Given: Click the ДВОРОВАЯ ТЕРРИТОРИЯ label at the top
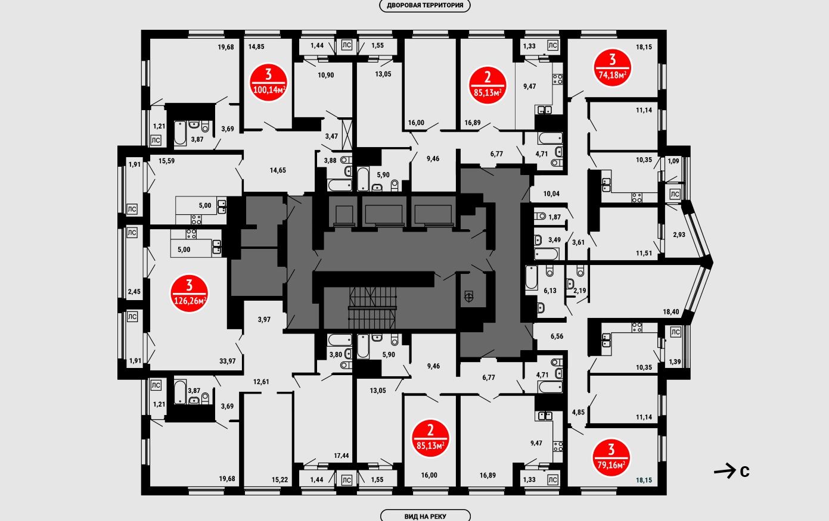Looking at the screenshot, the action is pyautogui.click(x=425, y=6).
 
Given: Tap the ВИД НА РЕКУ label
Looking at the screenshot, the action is pyautogui.click(x=425, y=516).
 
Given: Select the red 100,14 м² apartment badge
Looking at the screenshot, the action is pyautogui.click(x=269, y=83).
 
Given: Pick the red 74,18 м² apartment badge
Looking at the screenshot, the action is pyautogui.click(x=612, y=68).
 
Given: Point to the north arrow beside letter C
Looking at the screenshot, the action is pyautogui.click(x=724, y=471).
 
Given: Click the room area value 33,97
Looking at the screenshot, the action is pyautogui.click(x=227, y=361).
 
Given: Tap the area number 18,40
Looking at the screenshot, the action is pyautogui.click(x=671, y=311).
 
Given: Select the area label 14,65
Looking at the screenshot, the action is pyautogui.click(x=278, y=170).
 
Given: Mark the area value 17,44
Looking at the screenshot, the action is pyautogui.click(x=341, y=456).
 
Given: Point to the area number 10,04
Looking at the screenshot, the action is pyautogui.click(x=552, y=194).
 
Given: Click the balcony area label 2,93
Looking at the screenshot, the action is pyautogui.click(x=679, y=235).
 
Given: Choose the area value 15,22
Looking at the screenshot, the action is pyautogui.click(x=280, y=479).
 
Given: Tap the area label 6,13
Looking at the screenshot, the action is pyautogui.click(x=549, y=291).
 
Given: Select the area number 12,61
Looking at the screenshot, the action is pyautogui.click(x=261, y=382).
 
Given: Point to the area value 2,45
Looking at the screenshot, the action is pyautogui.click(x=133, y=292).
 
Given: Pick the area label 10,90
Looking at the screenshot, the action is pyautogui.click(x=325, y=75).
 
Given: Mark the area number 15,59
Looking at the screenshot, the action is pyautogui.click(x=167, y=161).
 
